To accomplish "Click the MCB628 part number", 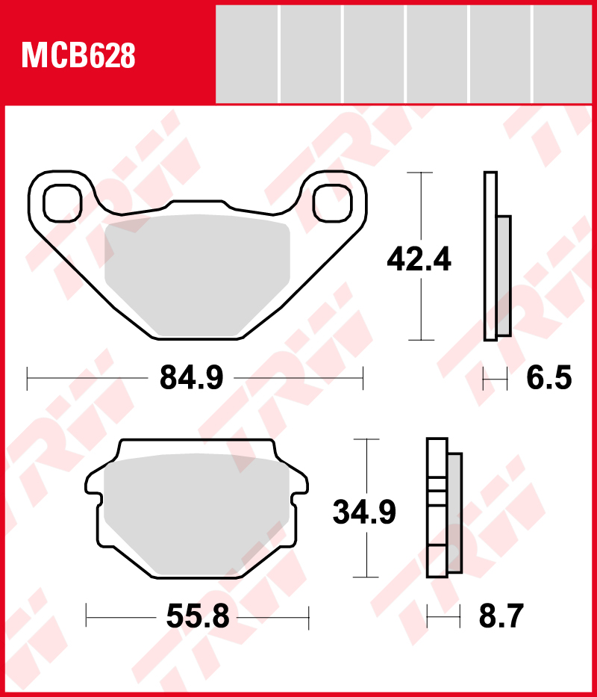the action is tap(78, 55).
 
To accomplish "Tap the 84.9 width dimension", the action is tap(192, 378).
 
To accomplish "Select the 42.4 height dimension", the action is tap(419, 259).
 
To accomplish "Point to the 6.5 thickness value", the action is tap(549, 378).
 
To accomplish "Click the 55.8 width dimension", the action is tap(198, 616).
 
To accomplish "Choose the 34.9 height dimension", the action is tap(364, 512).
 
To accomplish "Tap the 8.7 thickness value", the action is tap(501, 616).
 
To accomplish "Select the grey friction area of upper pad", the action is tap(197, 276).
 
